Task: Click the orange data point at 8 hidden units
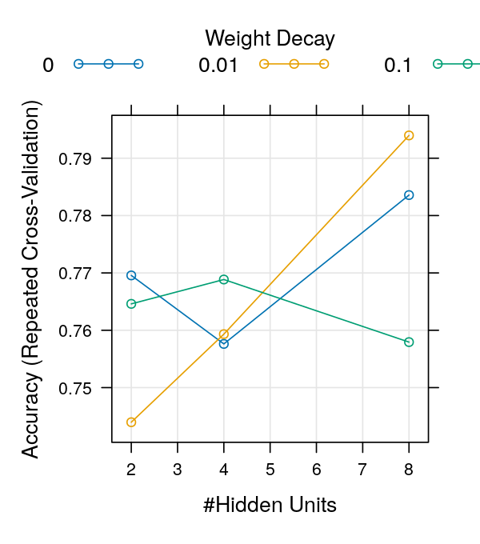pyautogui.click(x=409, y=135)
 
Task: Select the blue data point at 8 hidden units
pyautogui.click(x=409, y=195)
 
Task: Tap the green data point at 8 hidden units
pyautogui.click(x=409, y=342)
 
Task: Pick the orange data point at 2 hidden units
pyautogui.click(x=131, y=422)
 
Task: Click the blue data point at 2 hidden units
pyautogui.click(x=131, y=275)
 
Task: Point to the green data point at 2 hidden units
pyautogui.click(x=131, y=304)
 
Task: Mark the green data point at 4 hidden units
pyautogui.click(x=224, y=279)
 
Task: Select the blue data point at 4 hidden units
pyautogui.click(x=224, y=343)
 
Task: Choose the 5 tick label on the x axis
pyautogui.click(x=270, y=468)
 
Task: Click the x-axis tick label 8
pyautogui.click(x=409, y=468)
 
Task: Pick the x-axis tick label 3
pyautogui.click(x=178, y=468)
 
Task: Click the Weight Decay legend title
pyautogui.click(x=270, y=38)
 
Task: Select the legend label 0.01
pyautogui.click(x=218, y=66)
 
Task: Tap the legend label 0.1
pyautogui.click(x=398, y=66)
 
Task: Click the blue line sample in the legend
pyautogui.click(x=108, y=63)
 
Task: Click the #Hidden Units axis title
pyautogui.click(x=270, y=506)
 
